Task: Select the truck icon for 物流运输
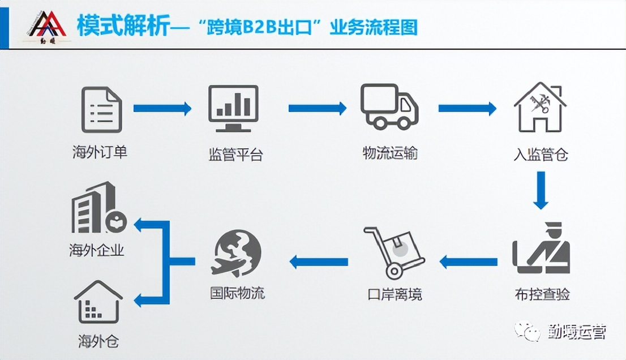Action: click(x=389, y=106)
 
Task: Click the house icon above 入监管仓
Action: click(x=539, y=108)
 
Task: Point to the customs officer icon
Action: click(x=541, y=249)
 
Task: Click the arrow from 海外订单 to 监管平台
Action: click(x=162, y=108)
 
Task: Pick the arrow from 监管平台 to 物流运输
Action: click(x=317, y=108)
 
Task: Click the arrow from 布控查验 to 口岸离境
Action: click(x=468, y=262)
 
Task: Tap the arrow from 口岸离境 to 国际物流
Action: click(x=319, y=262)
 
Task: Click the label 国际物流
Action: click(x=237, y=293)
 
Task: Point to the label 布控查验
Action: click(x=542, y=295)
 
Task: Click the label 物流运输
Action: click(x=390, y=153)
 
